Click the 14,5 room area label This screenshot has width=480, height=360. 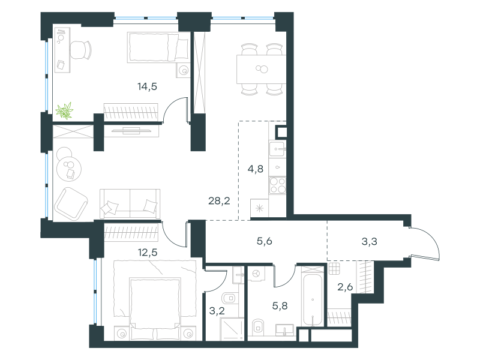pos(147,86)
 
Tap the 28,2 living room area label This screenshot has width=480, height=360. pos(219,201)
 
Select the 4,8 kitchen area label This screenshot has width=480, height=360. pos(256,169)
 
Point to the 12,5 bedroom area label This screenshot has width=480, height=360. pos(148,253)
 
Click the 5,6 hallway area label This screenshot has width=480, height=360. pos(265,241)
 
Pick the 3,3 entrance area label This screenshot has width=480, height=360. pos(369,242)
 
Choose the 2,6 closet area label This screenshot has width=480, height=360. pos(345,287)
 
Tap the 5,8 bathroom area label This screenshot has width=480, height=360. pos(280,306)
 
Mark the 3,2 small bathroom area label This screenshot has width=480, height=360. pos(217,311)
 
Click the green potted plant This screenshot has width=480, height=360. pos(65,110)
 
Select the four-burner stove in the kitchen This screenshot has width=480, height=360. pos(278,185)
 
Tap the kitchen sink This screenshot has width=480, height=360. pos(277,149)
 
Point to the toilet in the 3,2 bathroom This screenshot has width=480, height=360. pos(230,298)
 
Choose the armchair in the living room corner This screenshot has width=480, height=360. pos(71,203)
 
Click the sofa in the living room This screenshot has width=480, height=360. pos(130,204)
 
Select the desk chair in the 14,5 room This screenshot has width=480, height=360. pos(81,50)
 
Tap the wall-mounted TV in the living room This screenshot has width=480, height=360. pos(131,131)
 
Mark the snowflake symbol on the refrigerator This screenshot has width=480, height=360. pos(260,209)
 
